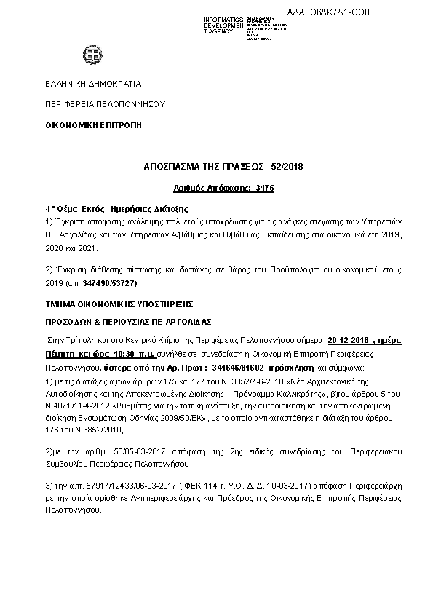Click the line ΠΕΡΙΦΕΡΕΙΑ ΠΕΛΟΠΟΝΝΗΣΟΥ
105,104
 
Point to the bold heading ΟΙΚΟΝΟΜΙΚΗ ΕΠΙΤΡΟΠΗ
93,125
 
